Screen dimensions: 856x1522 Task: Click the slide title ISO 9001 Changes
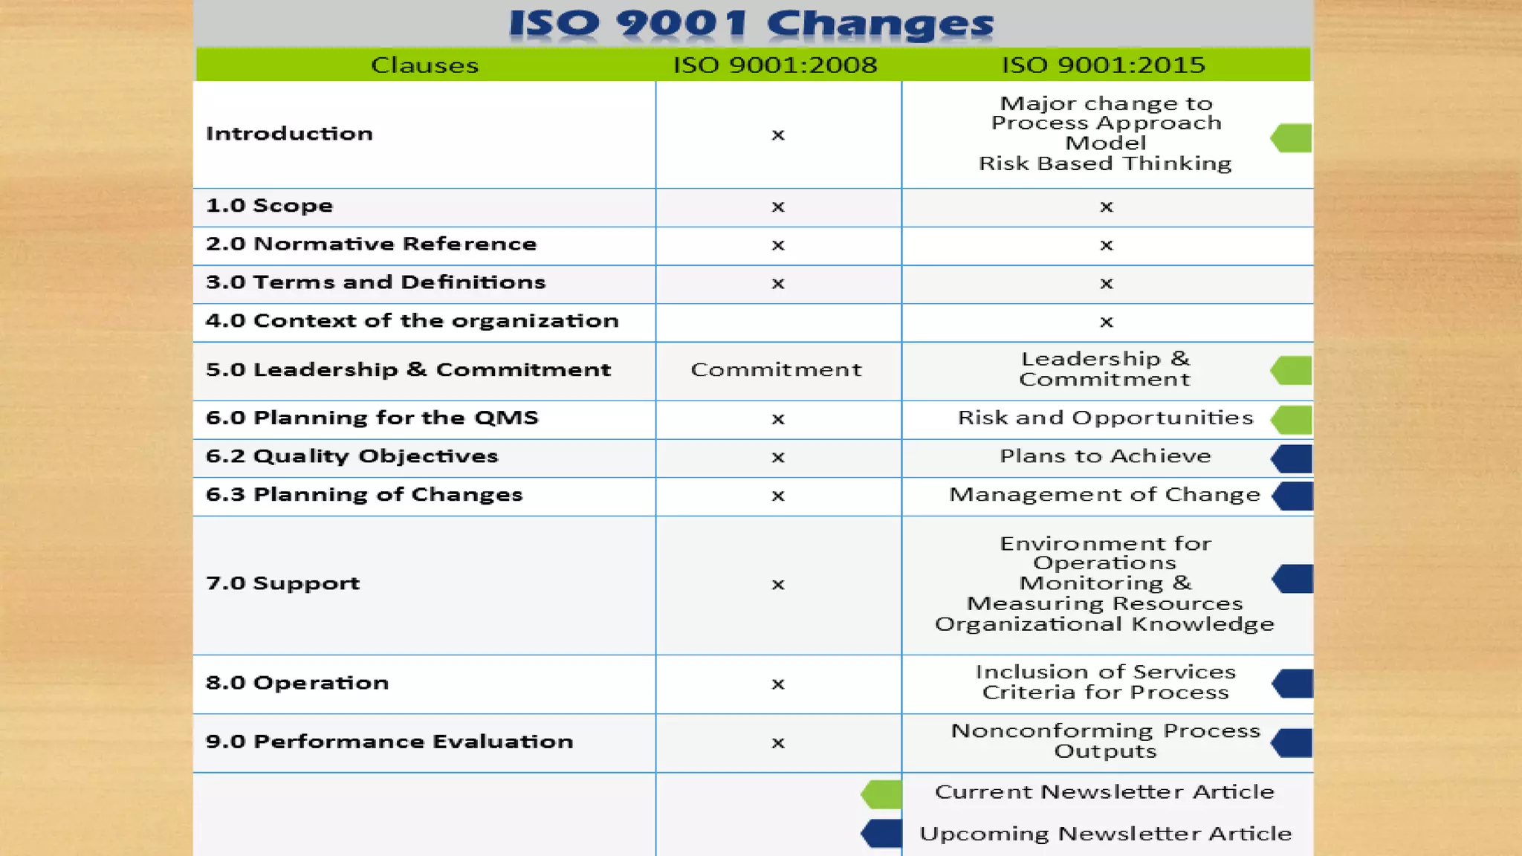click(x=751, y=24)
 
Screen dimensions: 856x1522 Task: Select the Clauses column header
click(x=424, y=65)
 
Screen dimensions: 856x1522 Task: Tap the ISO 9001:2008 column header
click(x=775, y=65)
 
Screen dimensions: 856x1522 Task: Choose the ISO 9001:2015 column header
click(x=1104, y=65)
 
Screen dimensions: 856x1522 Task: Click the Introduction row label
click(x=289, y=134)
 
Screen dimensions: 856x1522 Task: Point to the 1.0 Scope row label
click(x=269, y=206)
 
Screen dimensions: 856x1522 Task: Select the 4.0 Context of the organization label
click(x=412, y=321)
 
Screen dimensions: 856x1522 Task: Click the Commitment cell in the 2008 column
click(x=776, y=370)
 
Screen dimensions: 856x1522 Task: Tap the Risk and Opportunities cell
click(x=1105, y=418)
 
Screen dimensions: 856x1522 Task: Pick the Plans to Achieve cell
click(x=1105, y=456)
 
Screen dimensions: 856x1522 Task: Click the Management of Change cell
click(x=1104, y=495)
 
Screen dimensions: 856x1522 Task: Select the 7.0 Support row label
click(x=282, y=583)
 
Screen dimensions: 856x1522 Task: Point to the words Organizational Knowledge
click(x=1104, y=624)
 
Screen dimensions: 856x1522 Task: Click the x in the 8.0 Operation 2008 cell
click(x=778, y=684)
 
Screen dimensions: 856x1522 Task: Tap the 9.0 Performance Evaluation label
click(x=389, y=742)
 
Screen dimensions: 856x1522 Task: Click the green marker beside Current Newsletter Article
click(x=882, y=794)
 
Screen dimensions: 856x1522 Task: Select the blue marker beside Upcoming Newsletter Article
click(x=882, y=834)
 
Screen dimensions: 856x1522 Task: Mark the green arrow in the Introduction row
click(x=1292, y=138)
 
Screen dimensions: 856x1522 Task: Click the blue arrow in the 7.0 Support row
click(x=1293, y=579)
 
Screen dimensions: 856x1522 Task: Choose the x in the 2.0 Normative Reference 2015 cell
click(x=1107, y=245)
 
